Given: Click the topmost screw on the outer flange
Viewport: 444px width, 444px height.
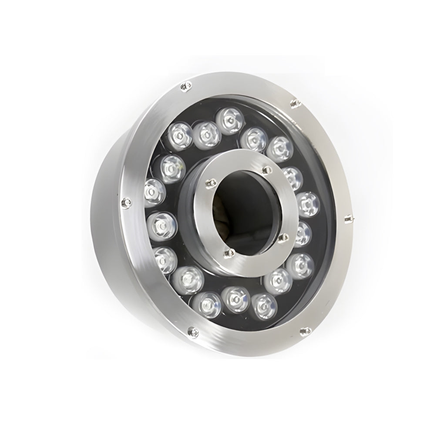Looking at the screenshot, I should (185, 87).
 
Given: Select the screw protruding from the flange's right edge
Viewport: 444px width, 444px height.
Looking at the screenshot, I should (347, 219).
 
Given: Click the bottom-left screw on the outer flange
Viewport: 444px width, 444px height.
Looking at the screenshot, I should (190, 332).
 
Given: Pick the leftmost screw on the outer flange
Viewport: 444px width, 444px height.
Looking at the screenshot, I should (127, 202).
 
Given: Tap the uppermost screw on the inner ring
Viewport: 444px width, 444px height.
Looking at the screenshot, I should (265, 170).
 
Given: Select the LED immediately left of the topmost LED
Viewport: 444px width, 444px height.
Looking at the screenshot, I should (206, 134).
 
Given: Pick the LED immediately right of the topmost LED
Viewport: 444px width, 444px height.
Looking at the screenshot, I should (253, 138).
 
